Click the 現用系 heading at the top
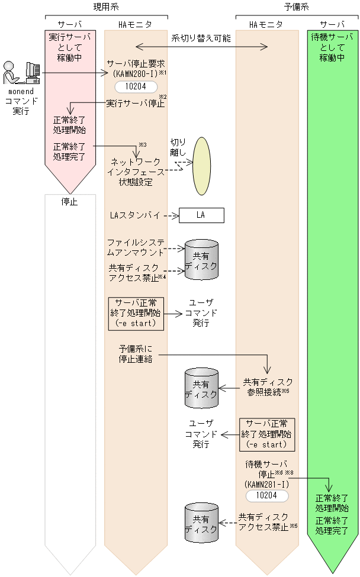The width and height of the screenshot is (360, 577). tap(106, 7)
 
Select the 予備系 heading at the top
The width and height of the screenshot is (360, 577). tap(296, 7)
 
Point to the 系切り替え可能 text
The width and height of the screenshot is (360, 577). tap(201, 38)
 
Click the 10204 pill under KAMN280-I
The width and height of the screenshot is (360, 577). tap(136, 86)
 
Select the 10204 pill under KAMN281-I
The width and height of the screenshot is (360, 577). tap(267, 495)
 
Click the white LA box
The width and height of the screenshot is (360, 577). tap(201, 215)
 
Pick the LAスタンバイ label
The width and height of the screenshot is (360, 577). tap(136, 215)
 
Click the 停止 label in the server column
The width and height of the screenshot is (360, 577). tap(69, 202)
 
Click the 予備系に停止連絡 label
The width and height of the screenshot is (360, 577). tap(136, 354)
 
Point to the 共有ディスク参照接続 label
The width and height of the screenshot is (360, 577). tap(268, 387)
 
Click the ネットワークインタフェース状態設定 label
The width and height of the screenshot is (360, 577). tap(136, 172)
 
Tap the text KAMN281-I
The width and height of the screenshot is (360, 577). tap(266, 483)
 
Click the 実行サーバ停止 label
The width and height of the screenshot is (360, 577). tap(134, 104)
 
